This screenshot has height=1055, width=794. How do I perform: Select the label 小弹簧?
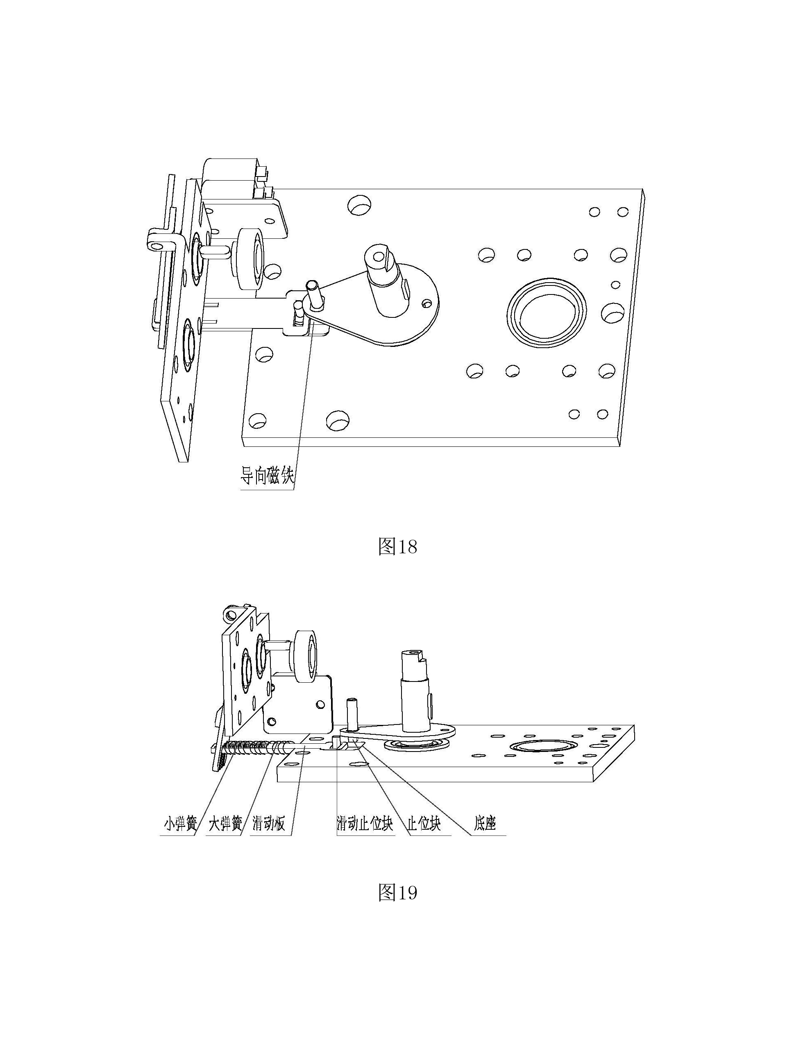click(180, 824)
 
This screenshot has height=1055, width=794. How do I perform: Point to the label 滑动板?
click(269, 824)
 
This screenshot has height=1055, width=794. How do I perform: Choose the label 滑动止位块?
click(365, 824)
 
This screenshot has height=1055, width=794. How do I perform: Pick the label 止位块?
click(424, 824)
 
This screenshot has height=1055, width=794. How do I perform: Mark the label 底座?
click(485, 824)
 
